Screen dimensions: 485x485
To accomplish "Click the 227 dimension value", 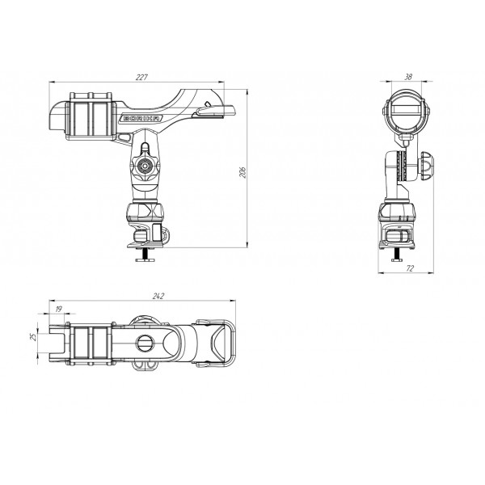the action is tap(142, 77).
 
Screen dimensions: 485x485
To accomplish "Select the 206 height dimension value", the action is tap(242, 172).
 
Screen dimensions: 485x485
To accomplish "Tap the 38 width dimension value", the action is tap(408, 77).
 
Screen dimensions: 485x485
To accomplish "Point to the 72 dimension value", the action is tap(410, 268).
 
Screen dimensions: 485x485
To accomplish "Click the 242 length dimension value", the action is tap(158, 296).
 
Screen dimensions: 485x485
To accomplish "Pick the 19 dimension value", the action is tap(59, 309).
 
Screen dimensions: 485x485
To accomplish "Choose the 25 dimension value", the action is tap(33, 336).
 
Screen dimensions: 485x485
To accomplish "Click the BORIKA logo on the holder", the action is tap(142, 118).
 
